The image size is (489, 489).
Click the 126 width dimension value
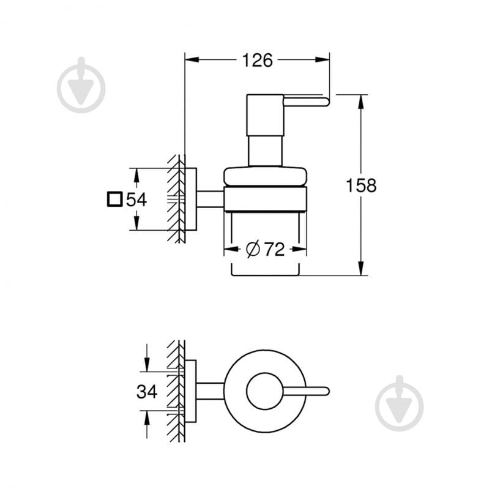(257, 60)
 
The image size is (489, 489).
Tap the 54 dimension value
(137, 200)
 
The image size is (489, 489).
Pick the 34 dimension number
(147, 390)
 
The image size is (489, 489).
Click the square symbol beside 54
(113, 200)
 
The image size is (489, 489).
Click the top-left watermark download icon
(81, 85)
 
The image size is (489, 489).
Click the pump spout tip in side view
(326, 100)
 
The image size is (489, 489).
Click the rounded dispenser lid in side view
(265, 176)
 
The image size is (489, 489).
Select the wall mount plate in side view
(190, 200)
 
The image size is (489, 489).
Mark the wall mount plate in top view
(190, 390)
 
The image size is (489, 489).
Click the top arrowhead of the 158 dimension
(362, 99)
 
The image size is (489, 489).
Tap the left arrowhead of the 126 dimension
(189, 60)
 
